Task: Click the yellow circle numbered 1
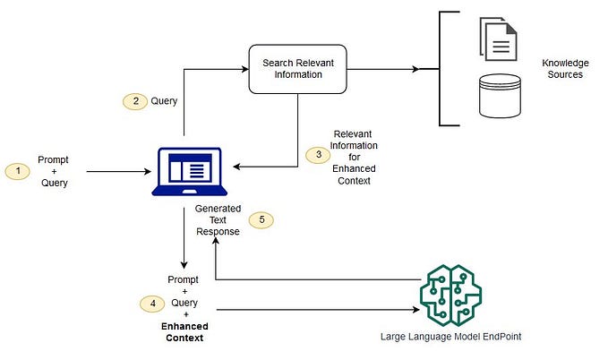18,170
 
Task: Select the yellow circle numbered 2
135,102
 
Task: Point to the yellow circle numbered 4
152,302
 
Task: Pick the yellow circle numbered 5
261,219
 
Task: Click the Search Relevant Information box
298,69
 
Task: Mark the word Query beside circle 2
164,102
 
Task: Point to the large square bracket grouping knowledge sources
442,69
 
